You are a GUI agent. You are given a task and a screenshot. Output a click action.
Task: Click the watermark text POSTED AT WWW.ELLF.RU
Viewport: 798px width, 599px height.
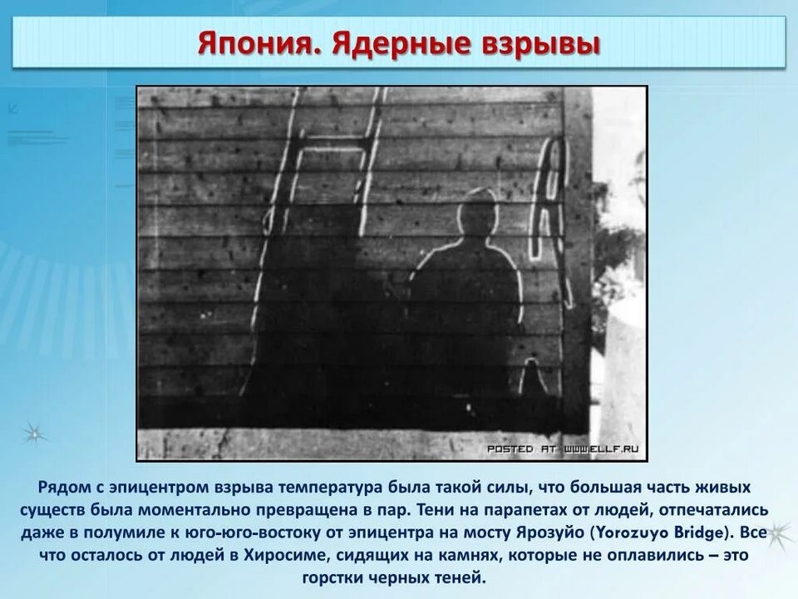click(x=563, y=448)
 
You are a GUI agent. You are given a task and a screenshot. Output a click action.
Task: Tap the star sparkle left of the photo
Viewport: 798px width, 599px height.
click(x=34, y=434)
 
